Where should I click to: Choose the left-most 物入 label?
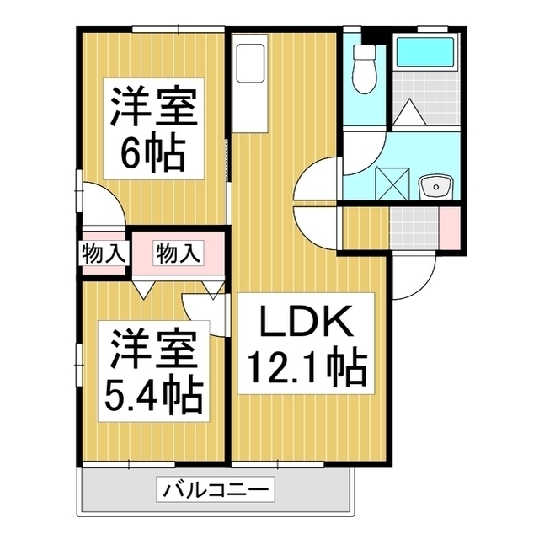tap(103, 252)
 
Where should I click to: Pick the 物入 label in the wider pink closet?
tap(178, 252)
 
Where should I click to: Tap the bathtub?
tap(426, 56)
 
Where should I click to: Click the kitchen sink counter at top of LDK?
tap(251, 63)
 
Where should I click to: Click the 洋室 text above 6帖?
tap(152, 108)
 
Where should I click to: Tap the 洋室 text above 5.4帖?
tap(152, 348)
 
